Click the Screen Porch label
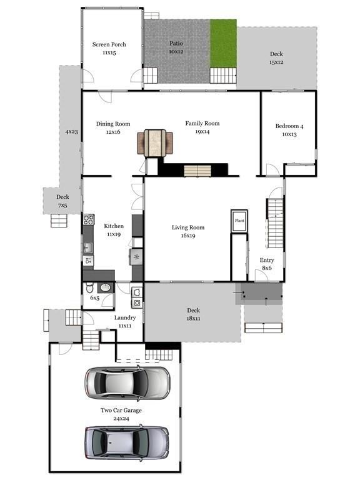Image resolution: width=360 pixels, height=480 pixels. click(109, 44)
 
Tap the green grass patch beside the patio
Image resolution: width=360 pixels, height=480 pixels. click(223, 44)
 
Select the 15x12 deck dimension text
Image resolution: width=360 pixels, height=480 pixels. click(276, 62)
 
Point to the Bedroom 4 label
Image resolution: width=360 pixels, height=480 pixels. click(289, 126)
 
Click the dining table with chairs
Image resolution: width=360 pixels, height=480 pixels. click(155, 143)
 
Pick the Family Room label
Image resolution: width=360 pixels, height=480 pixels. click(202, 123)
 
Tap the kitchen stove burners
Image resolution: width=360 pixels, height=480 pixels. click(89, 219)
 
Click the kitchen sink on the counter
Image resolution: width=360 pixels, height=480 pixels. click(88, 247)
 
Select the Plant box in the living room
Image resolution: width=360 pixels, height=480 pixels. click(239, 221)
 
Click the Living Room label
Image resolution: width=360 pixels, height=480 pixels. click(188, 227)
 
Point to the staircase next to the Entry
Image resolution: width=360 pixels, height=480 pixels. click(275, 224)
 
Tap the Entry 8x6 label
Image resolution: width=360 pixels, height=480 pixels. click(267, 264)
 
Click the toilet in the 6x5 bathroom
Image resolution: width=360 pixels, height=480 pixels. click(89, 287)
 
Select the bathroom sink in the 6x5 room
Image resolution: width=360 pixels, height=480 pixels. click(106, 287)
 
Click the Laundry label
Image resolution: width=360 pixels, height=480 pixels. click(125, 317)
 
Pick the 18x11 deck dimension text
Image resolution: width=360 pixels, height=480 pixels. click(194, 318)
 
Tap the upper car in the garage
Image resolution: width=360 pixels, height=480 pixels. click(127, 383)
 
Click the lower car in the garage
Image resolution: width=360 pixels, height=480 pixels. click(127, 442)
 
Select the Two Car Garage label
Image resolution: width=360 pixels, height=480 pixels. click(121, 411)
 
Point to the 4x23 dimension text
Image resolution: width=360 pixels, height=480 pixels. click(72, 132)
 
